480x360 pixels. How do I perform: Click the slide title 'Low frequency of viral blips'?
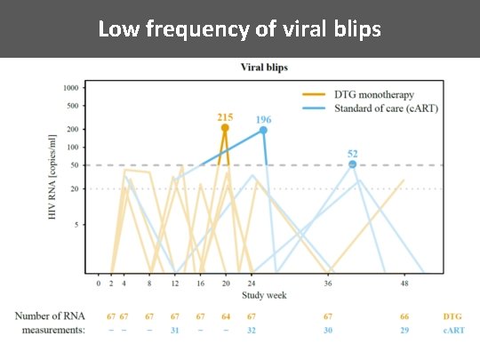(x=239, y=28)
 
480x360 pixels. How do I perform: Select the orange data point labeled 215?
(x=225, y=128)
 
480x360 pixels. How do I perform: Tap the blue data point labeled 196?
(x=263, y=131)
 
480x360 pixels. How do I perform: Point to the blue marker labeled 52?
(x=353, y=164)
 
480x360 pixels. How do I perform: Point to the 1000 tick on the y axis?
(x=70, y=88)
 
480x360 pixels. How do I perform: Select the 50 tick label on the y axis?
(x=75, y=165)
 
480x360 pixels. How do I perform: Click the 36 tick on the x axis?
(x=328, y=283)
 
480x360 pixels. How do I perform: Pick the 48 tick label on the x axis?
(x=404, y=283)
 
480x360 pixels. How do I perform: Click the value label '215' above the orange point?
(x=225, y=116)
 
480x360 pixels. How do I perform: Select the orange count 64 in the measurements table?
(x=226, y=316)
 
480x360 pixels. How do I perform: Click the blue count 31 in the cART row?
(x=175, y=330)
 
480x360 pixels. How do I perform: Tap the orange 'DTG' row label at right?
(x=452, y=316)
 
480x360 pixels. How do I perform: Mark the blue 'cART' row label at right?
(x=452, y=330)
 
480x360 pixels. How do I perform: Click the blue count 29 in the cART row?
(x=404, y=330)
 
